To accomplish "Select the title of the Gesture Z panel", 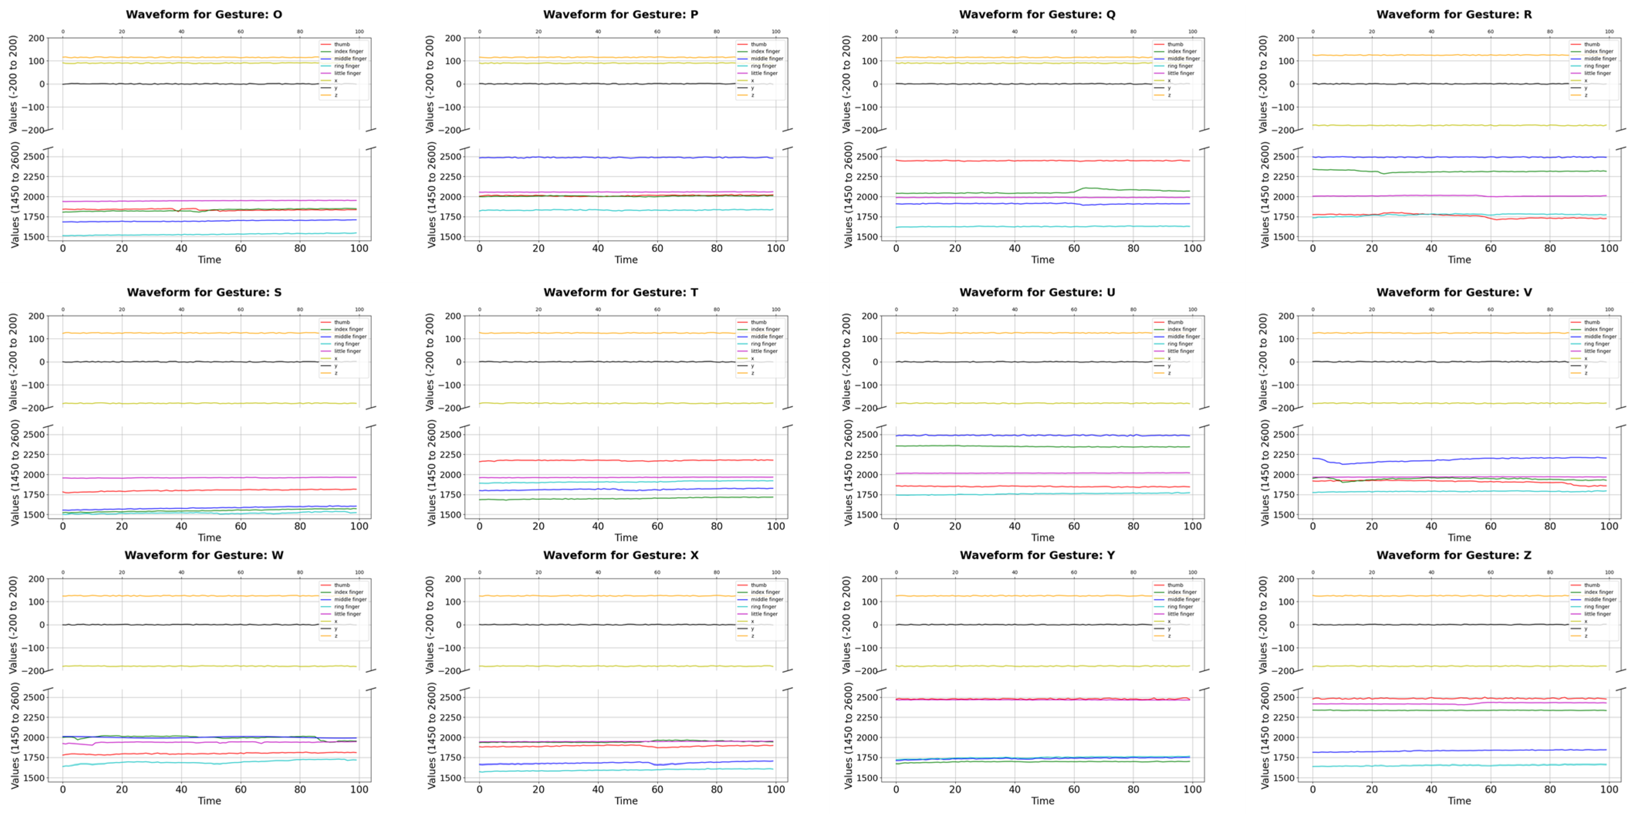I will point(1454,555).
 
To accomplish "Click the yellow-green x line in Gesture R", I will point(1459,125).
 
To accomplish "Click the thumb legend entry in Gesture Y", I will point(1175,585).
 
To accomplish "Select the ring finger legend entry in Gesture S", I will point(347,344).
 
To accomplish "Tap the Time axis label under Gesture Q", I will point(1042,259).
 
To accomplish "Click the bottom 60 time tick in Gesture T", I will point(657,526).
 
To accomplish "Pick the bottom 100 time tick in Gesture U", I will point(1192,526).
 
